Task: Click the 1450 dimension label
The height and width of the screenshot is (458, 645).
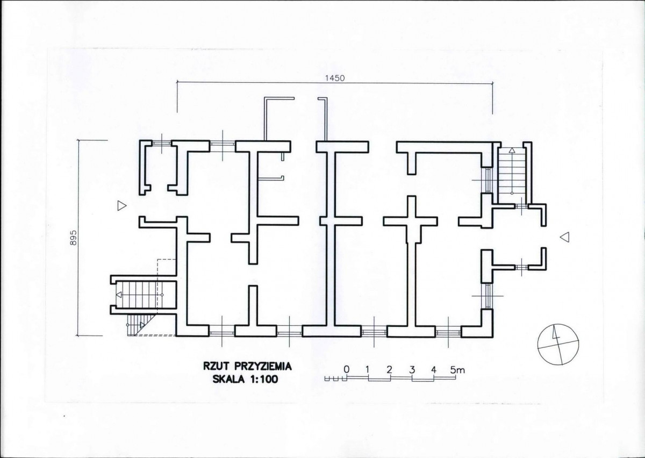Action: tap(334, 78)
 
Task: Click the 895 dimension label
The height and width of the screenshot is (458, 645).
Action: tap(74, 238)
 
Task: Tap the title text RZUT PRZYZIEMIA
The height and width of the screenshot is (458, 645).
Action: tap(247, 367)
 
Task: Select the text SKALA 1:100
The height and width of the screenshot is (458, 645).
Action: tap(245, 380)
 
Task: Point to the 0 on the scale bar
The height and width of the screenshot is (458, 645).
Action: tap(347, 369)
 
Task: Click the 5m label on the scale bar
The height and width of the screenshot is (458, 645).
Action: tap(457, 370)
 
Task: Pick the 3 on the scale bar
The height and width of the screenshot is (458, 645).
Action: tap(412, 369)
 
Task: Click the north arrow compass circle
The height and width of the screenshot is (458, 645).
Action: tap(558, 345)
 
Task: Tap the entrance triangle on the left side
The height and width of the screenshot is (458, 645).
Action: tap(122, 206)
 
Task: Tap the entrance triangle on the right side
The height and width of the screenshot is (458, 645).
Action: tap(564, 238)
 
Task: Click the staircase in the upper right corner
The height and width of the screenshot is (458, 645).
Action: tap(512, 174)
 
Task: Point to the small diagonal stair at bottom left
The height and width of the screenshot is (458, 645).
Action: tap(141, 325)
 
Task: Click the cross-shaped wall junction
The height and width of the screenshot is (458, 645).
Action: tap(411, 221)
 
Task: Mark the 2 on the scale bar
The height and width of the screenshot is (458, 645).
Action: tap(389, 369)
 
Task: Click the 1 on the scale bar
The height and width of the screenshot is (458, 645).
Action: tap(367, 369)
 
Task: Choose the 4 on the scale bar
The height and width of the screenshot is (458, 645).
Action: tap(434, 369)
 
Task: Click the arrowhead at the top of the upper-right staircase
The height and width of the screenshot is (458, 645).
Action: tap(512, 151)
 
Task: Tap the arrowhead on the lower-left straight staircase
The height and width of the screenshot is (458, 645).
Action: tap(119, 295)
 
